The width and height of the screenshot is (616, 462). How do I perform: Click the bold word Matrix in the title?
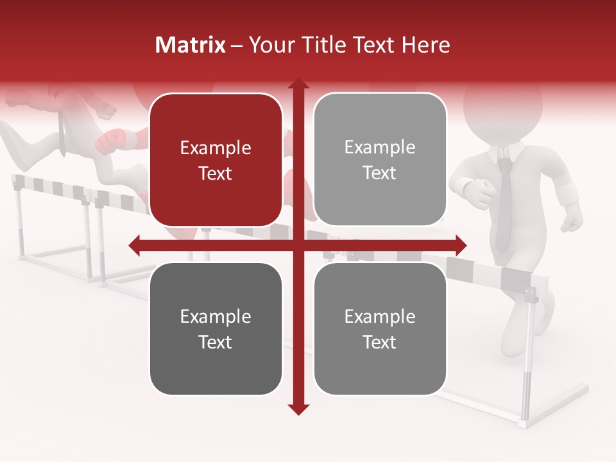191,45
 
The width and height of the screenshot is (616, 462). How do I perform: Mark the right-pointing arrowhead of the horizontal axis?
460,245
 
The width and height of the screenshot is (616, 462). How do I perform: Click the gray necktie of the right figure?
504,205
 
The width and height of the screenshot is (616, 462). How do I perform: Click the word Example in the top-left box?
216,148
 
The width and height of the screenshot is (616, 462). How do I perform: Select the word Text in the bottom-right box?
380,342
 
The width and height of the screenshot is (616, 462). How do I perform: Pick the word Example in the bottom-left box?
216,316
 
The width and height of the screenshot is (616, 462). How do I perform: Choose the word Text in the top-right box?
380,173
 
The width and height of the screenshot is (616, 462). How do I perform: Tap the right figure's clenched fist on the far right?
572,222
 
